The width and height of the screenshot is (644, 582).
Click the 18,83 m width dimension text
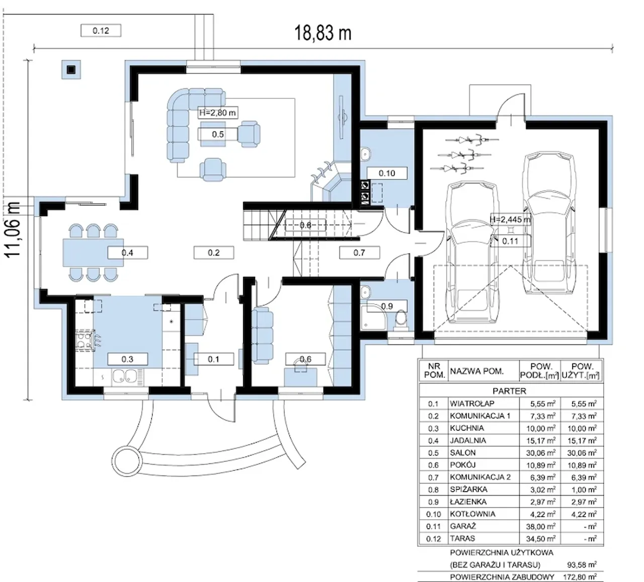[x=323, y=33]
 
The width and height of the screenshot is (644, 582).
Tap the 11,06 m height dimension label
[x=14, y=229]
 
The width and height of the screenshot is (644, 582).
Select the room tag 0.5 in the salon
[x=218, y=134]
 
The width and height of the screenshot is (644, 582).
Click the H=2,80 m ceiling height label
[x=218, y=113]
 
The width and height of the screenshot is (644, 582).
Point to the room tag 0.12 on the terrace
[x=101, y=31]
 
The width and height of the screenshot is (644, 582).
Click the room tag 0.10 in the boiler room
[x=387, y=173]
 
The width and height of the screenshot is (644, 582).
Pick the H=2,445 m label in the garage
[x=511, y=220]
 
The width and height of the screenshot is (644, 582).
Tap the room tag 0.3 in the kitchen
[x=127, y=359]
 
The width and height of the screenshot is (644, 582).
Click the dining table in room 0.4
[x=94, y=252]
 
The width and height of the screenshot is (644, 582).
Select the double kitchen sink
[x=125, y=376]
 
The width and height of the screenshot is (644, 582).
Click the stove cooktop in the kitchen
[x=85, y=340]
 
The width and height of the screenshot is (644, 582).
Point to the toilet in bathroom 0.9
[x=401, y=320]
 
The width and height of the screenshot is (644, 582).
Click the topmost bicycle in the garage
[x=472, y=140]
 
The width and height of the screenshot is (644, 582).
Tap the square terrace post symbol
[x=71, y=69]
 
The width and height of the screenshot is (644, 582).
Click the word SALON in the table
[x=462, y=453]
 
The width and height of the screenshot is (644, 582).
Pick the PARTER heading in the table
[x=510, y=391]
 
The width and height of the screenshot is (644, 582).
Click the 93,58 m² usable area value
[x=582, y=564]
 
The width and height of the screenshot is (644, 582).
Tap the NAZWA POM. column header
[x=477, y=371]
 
